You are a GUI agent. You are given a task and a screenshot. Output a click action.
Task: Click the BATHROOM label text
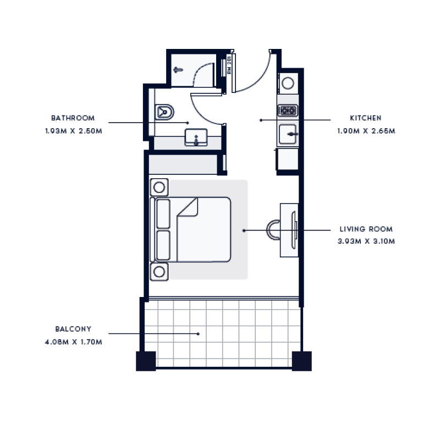point(73,118)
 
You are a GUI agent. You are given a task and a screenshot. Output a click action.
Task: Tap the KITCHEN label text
point(366,118)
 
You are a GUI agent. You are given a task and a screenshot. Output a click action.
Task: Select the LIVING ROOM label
point(366,229)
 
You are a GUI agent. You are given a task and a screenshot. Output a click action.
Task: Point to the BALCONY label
point(73,329)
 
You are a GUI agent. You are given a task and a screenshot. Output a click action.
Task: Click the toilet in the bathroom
point(164,112)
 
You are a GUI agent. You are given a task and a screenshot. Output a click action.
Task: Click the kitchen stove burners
point(287,111)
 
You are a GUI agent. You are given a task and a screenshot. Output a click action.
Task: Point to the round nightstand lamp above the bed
point(159,187)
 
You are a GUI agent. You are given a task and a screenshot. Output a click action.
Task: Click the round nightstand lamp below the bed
point(159,271)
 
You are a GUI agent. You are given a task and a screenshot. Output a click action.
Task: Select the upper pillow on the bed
point(163,214)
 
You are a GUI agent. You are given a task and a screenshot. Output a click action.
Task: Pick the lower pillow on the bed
point(163,245)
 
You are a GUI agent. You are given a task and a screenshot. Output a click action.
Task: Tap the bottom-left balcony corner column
point(146,361)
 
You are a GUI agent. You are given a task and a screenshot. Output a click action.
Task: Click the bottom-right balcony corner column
point(302,361)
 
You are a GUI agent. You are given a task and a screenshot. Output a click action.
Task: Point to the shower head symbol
point(178,70)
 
